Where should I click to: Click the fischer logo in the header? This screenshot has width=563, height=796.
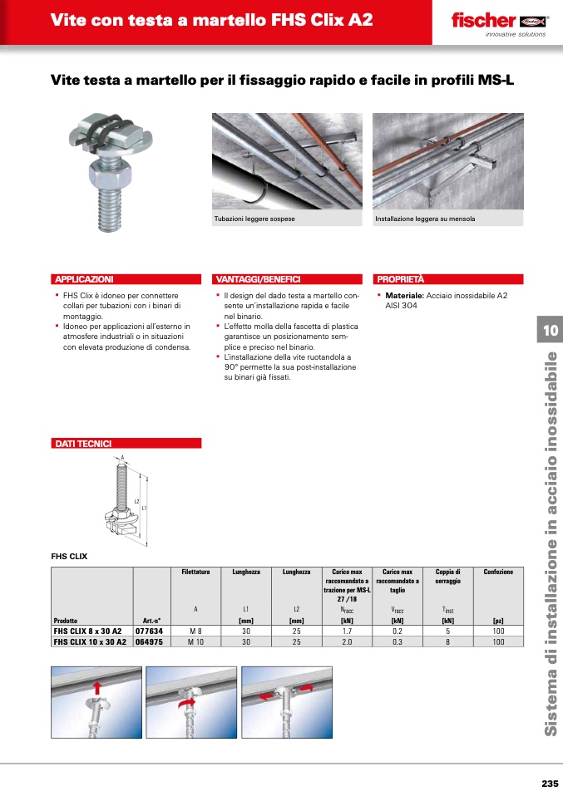(497, 22)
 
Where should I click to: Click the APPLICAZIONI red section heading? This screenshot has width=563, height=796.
(83, 280)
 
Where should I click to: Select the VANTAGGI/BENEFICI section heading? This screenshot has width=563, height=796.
(258, 280)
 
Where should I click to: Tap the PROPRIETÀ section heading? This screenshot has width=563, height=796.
(400, 280)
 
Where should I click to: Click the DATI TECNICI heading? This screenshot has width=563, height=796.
(83, 444)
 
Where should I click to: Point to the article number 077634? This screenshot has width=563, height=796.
(149, 631)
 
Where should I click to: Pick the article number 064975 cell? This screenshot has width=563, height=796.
(149, 642)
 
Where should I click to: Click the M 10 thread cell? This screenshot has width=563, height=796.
(196, 642)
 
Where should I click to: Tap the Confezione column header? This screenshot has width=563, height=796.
(498, 572)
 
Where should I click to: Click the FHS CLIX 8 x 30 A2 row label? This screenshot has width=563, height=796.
(87, 631)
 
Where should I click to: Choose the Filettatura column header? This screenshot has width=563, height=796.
(196, 572)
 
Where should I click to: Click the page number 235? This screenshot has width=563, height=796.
(549, 784)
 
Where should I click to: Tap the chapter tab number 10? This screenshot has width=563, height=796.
(550, 331)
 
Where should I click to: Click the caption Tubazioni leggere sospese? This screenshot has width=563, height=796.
(254, 219)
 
